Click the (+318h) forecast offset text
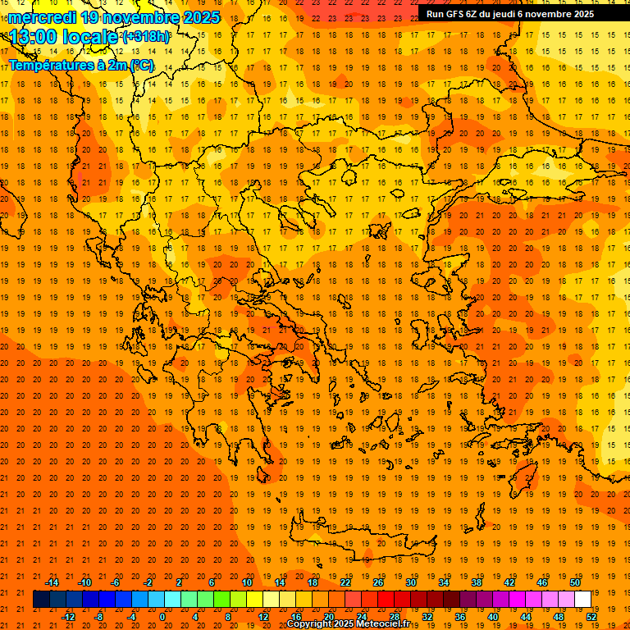(x=146, y=37)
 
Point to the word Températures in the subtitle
(x=46, y=65)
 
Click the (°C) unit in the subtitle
(x=141, y=65)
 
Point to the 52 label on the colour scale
(x=591, y=616)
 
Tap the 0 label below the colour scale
(x=163, y=616)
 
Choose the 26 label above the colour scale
(x=378, y=582)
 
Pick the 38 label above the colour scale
(x=477, y=582)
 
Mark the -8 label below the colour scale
(x=99, y=616)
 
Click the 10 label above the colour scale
(x=247, y=582)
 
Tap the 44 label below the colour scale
(x=526, y=616)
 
